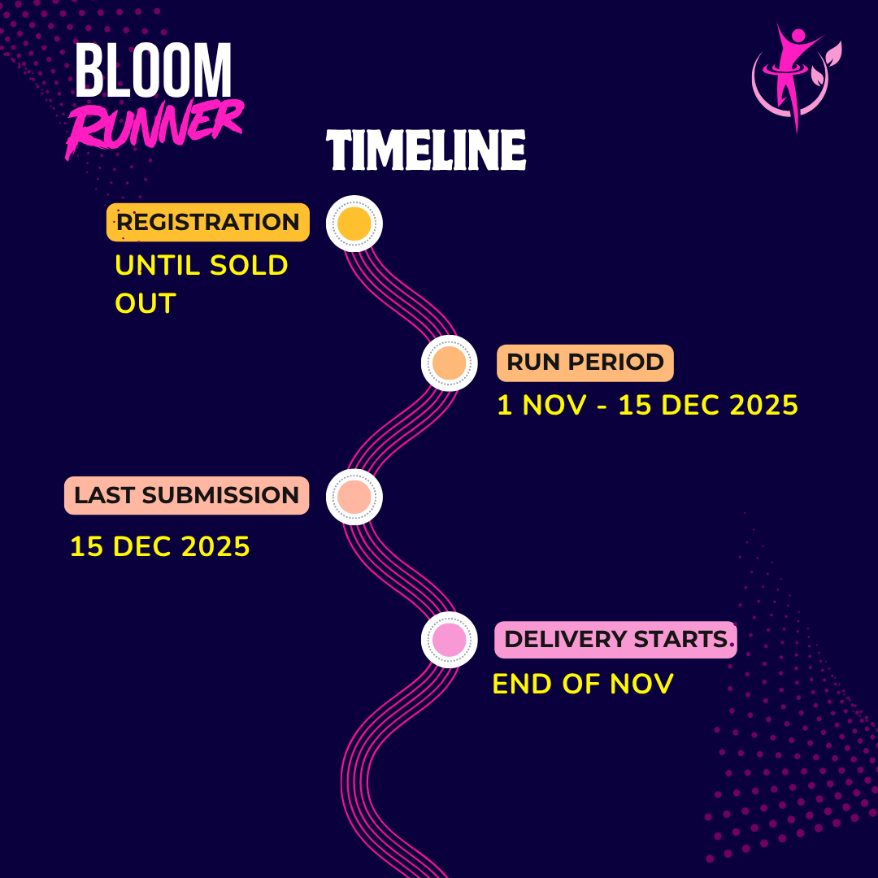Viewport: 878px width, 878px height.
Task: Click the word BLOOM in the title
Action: tap(154, 71)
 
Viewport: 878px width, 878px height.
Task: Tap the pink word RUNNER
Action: tap(154, 126)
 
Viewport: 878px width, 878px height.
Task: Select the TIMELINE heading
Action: tap(426, 150)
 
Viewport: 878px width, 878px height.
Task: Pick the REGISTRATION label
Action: tap(208, 222)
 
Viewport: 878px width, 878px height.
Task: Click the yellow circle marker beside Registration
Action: tap(354, 224)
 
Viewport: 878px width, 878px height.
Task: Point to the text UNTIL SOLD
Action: tap(202, 265)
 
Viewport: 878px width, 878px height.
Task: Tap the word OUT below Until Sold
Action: tap(146, 303)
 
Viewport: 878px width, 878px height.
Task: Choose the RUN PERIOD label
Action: tap(585, 363)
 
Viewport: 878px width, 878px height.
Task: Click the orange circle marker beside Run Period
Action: tap(449, 363)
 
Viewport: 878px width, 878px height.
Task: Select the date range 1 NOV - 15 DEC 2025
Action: tap(647, 405)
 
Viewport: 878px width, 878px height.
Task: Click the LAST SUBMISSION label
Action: tap(186, 495)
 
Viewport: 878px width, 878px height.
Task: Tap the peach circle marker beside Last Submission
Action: tap(354, 497)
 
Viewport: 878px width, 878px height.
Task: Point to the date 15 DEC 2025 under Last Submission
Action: tap(159, 546)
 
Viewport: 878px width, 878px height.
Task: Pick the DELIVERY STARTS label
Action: tap(616, 640)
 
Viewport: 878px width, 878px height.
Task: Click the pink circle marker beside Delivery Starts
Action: tap(449, 640)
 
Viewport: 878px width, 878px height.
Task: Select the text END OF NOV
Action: tap(583, 684)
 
